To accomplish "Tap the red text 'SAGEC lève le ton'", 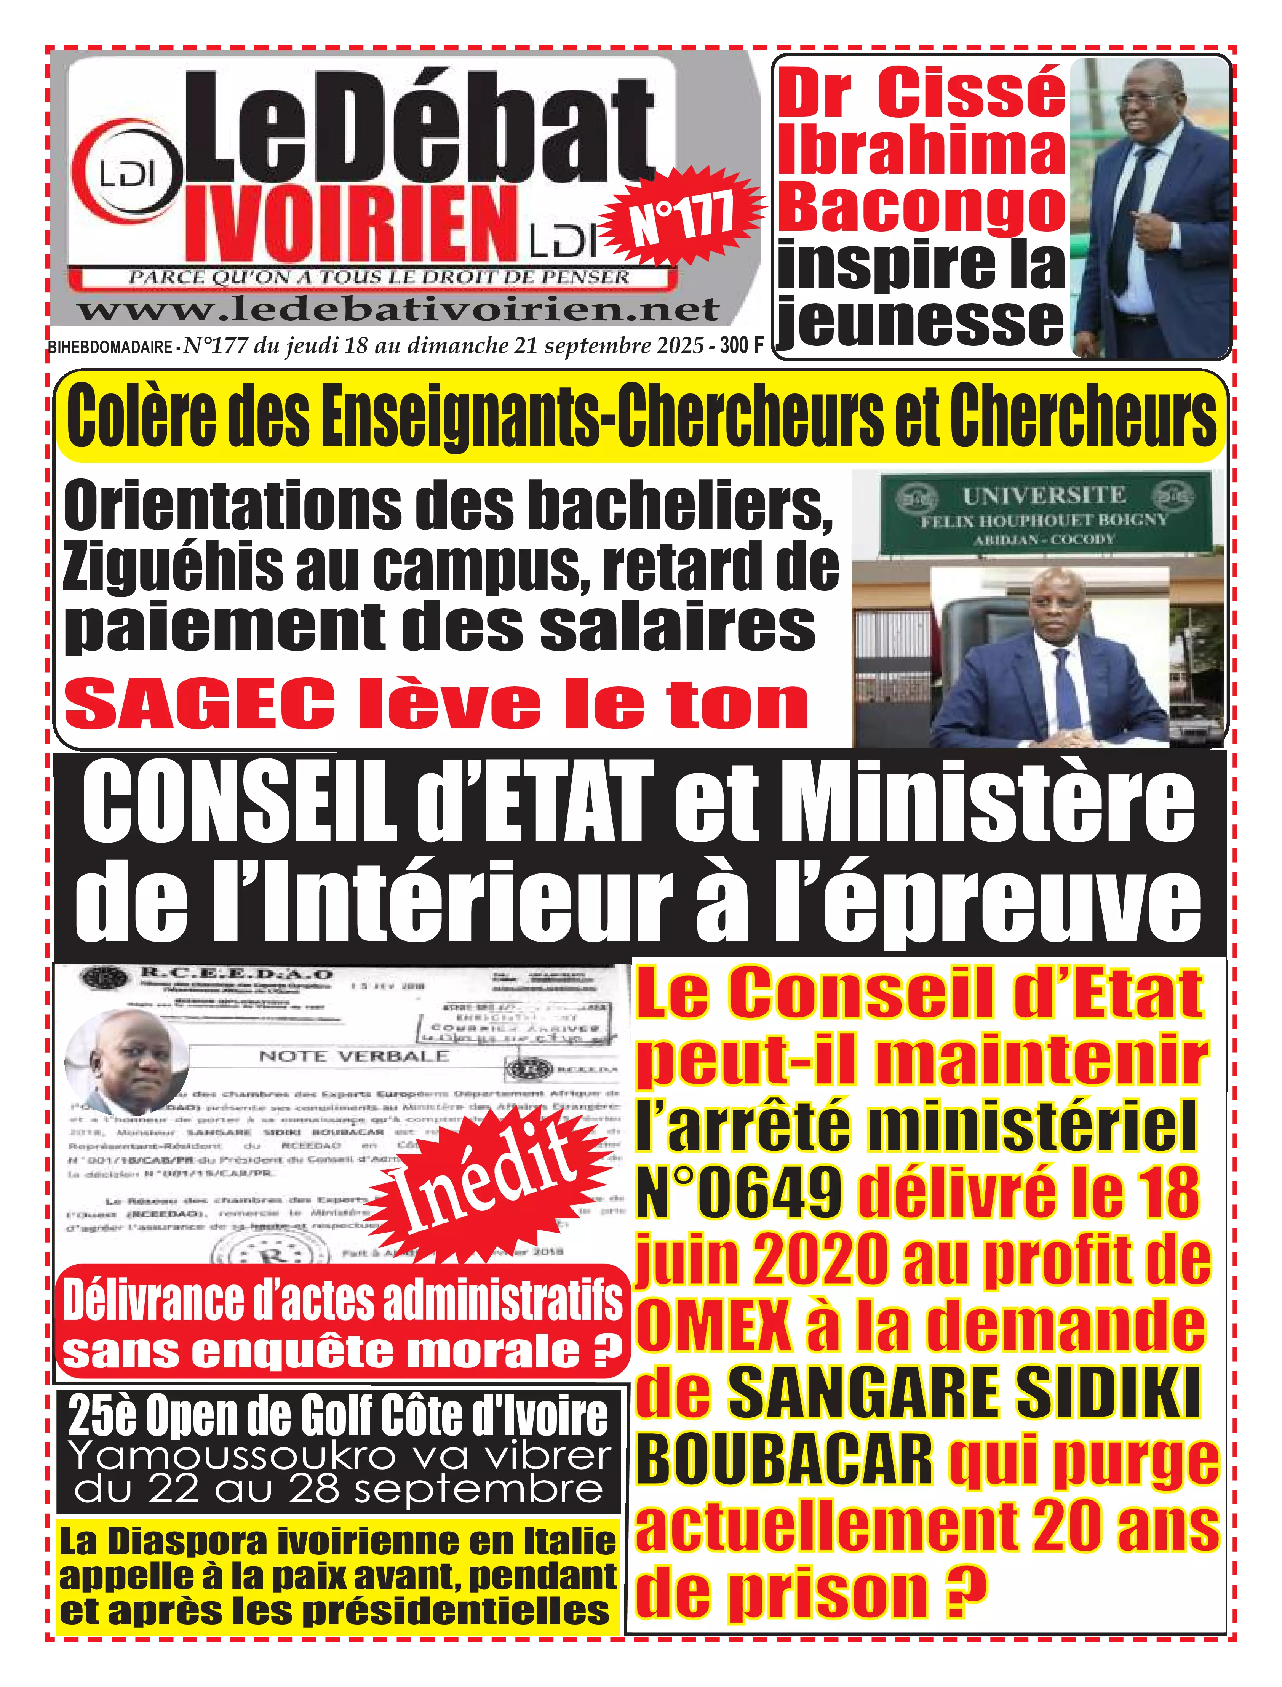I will (436, 705).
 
